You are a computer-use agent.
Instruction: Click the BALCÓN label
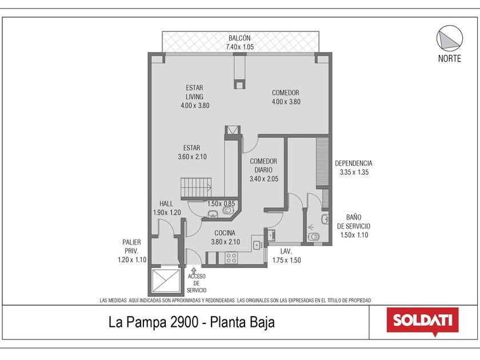point(239,38)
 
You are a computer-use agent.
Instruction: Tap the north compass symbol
point(449,38)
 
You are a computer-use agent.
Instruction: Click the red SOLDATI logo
point(423,321)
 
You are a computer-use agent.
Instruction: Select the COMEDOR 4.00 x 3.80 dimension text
point(286,102)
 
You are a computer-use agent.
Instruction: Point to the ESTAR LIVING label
point(194,92)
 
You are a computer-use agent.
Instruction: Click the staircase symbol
point(196,187)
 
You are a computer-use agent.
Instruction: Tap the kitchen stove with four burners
point(231,258)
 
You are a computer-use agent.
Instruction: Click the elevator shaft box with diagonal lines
point(166,281)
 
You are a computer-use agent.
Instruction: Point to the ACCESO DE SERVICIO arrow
point(194,271)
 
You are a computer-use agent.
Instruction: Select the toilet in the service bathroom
point(314,237)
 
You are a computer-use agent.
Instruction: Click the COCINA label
point(225,233)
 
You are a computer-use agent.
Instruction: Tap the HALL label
point(166,203)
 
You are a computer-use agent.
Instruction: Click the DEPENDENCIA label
point(354,163)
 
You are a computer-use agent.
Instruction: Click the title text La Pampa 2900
point(153,322)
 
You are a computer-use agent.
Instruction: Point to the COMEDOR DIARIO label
point(263,166)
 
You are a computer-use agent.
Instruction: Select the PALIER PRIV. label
point(131,246)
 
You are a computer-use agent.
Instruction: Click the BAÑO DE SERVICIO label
point(354,222)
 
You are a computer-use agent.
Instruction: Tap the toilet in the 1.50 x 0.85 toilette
point(228,211)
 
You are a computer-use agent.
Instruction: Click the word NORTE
point(449,58)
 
